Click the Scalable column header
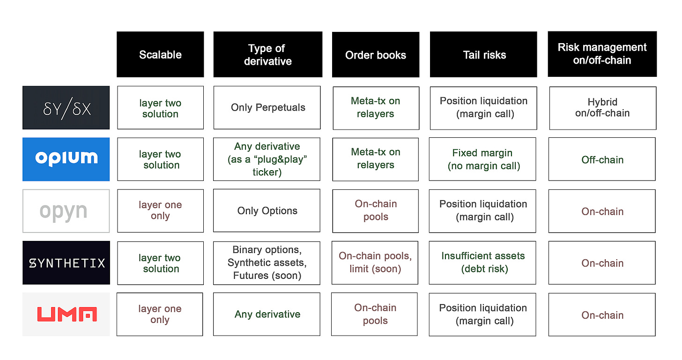pos(160,54)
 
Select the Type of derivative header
pos(267,54)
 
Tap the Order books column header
pos(375,54)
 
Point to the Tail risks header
pos(483,54)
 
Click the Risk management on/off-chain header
pos(602,54)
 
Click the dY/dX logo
pos(66,107)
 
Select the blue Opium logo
pos(66,159)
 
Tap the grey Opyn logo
pos(66,211)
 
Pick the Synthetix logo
pos(66,262)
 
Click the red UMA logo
pos(66,315)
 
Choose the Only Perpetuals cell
pos(267,107)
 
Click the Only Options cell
pos(267,210)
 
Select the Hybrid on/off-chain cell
pos(603,108)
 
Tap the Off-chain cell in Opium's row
pos(602,159)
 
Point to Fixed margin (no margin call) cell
pos(482,159)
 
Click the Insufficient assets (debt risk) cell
pos(482,263)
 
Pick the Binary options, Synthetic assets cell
pos(267,263)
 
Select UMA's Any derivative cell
pos(267,315)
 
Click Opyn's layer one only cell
pos(161,211)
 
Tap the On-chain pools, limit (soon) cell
pos(375,263)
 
